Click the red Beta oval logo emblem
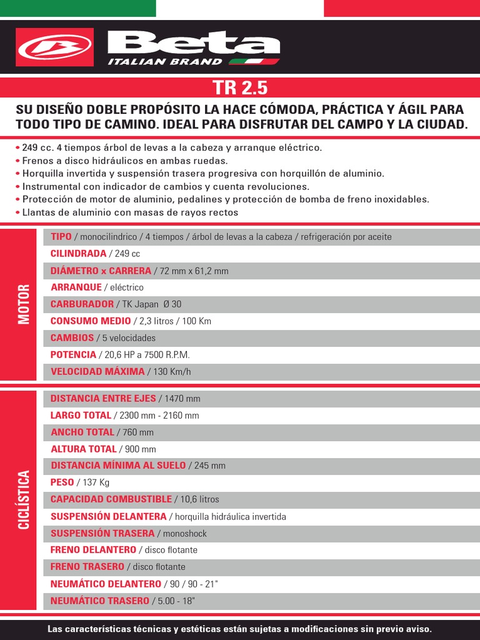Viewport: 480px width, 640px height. [x=55, y=47]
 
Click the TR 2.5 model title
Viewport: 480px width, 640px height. [x=239, y=87]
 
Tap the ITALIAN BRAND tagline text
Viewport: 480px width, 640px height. [x=165, y=61]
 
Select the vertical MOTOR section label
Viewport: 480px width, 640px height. [x=24, y=304]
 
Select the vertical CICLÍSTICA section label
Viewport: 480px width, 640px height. [x=24, y=500]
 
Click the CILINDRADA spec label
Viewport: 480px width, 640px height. [x=78, y=254]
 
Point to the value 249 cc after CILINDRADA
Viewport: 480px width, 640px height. [x=127, y=254]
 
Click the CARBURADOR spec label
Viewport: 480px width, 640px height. [x=82, y=304]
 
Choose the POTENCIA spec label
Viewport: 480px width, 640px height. [x=73, y=354]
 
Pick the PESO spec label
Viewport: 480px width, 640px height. [x=62, y=482]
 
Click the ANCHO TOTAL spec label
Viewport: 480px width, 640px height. [x=82, y=432]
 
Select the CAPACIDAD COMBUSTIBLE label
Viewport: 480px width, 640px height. [x=111, y=499]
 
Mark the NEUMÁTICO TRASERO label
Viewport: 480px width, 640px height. [x=99, y=601]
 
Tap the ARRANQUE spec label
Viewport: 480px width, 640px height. [x=76, y=287]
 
